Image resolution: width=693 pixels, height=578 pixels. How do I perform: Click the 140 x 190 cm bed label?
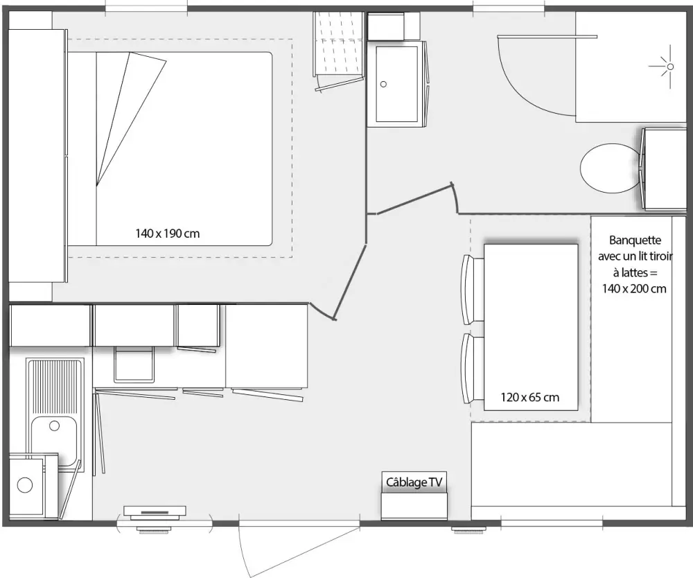click(168, 233)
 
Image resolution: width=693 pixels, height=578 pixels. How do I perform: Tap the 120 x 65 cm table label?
click(530, 397)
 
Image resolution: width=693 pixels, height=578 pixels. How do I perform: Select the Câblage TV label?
click(414, 482)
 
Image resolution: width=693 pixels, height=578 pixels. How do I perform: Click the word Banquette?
click(635, 240)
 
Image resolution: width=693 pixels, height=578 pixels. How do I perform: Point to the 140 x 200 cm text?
click(634, 288)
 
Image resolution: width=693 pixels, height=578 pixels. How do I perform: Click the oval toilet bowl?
click(610, 168)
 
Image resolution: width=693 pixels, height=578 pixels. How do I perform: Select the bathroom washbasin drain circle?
click(383, 84)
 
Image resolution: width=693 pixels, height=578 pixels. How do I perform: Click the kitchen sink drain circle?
click(54, 426)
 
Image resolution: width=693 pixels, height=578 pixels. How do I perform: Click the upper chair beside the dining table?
click(473, 289)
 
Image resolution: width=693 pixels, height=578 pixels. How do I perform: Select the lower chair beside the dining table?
click(473, 368)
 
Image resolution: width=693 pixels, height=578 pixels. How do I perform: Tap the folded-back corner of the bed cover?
click(131, 119)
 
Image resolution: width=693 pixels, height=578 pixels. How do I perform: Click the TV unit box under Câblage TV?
click(414, 505)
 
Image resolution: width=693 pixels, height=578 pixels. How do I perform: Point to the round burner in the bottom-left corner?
click(25, 485)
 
